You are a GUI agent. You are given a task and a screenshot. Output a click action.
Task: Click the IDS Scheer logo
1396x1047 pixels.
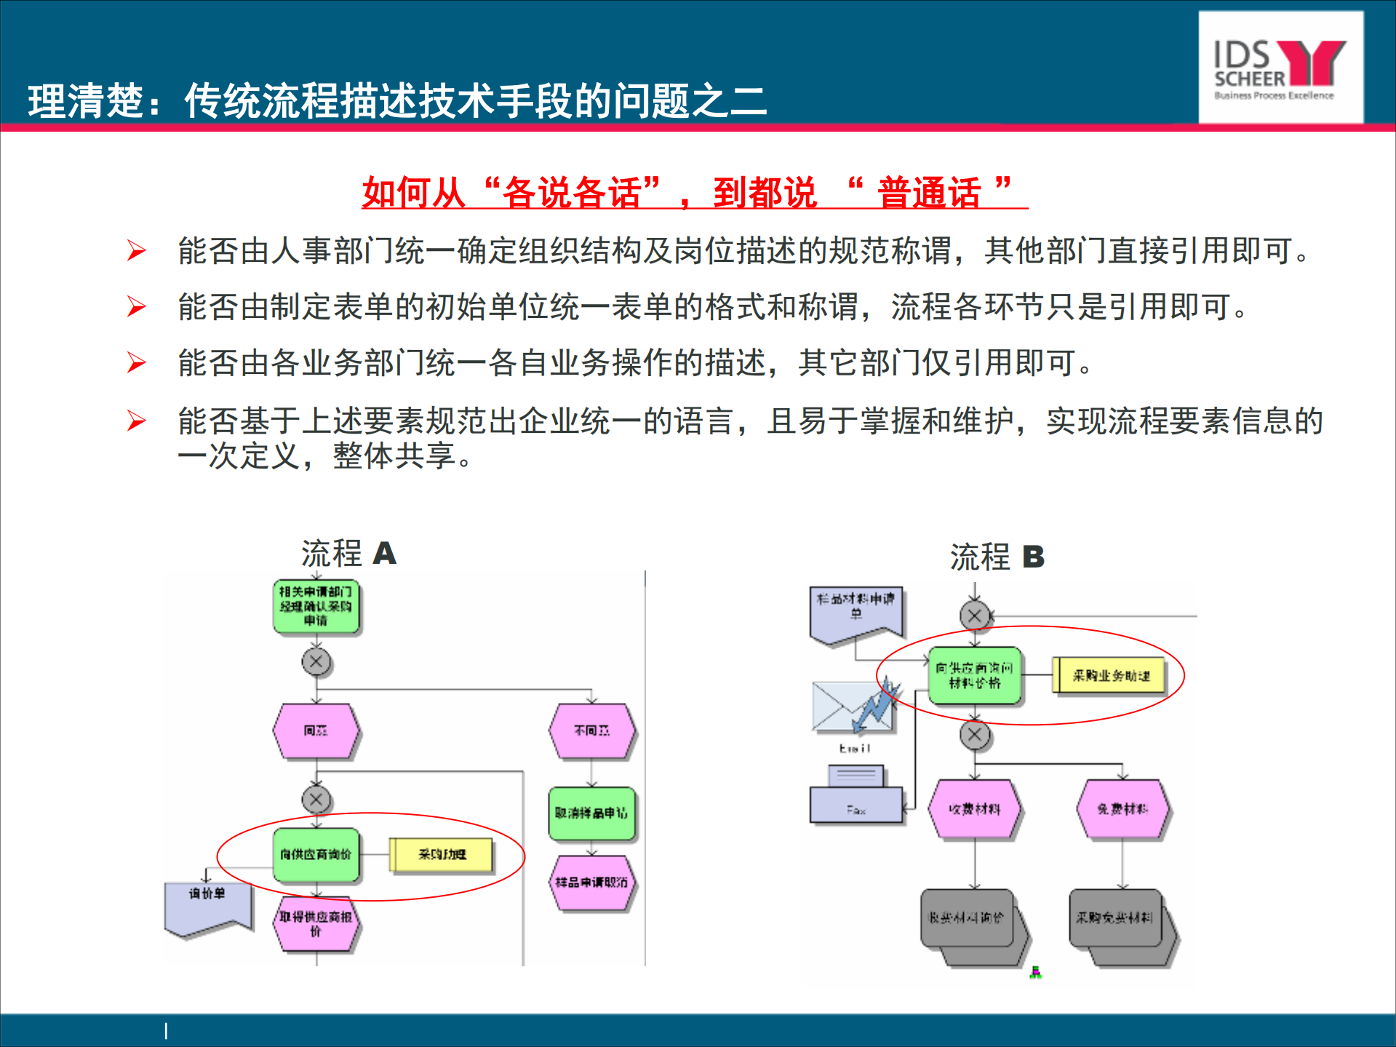[1280, 68]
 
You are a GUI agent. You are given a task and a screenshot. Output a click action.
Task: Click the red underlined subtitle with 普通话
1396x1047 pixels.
[694, 193]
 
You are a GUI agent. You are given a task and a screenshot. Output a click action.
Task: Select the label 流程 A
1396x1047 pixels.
[348, 554]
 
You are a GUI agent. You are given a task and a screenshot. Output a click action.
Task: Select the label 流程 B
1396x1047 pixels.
[997, 557]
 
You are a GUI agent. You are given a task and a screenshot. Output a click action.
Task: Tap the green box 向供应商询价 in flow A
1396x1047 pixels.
[316, 854]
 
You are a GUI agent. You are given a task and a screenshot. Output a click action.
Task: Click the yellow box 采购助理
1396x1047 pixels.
[442, 854]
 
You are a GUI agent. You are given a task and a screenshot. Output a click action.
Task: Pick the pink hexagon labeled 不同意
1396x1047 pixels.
[591, 730]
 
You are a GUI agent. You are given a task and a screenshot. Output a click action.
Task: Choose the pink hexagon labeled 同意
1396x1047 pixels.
[316, 730]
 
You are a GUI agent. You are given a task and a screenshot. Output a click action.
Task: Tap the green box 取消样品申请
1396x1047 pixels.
[591, 813]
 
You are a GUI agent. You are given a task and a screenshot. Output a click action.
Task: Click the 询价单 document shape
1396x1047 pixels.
[208, 905]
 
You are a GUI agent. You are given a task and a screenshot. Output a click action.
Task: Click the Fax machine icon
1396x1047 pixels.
[856, 797]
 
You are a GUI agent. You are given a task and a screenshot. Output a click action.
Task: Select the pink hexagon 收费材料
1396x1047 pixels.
[975, 808]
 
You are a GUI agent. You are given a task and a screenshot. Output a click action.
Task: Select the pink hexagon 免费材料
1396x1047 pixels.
[1122, 808]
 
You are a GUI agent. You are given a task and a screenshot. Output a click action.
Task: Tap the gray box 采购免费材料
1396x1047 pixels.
[1116, 918]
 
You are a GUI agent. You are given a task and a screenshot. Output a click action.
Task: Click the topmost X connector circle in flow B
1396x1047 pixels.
[975, 616]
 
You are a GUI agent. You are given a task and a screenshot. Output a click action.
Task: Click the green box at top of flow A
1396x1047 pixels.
[316, 606]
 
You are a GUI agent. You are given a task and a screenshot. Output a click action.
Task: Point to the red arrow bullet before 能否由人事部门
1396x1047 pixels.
[136, 250]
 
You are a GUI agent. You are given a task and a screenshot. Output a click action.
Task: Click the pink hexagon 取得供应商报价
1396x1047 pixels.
[316, 923]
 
